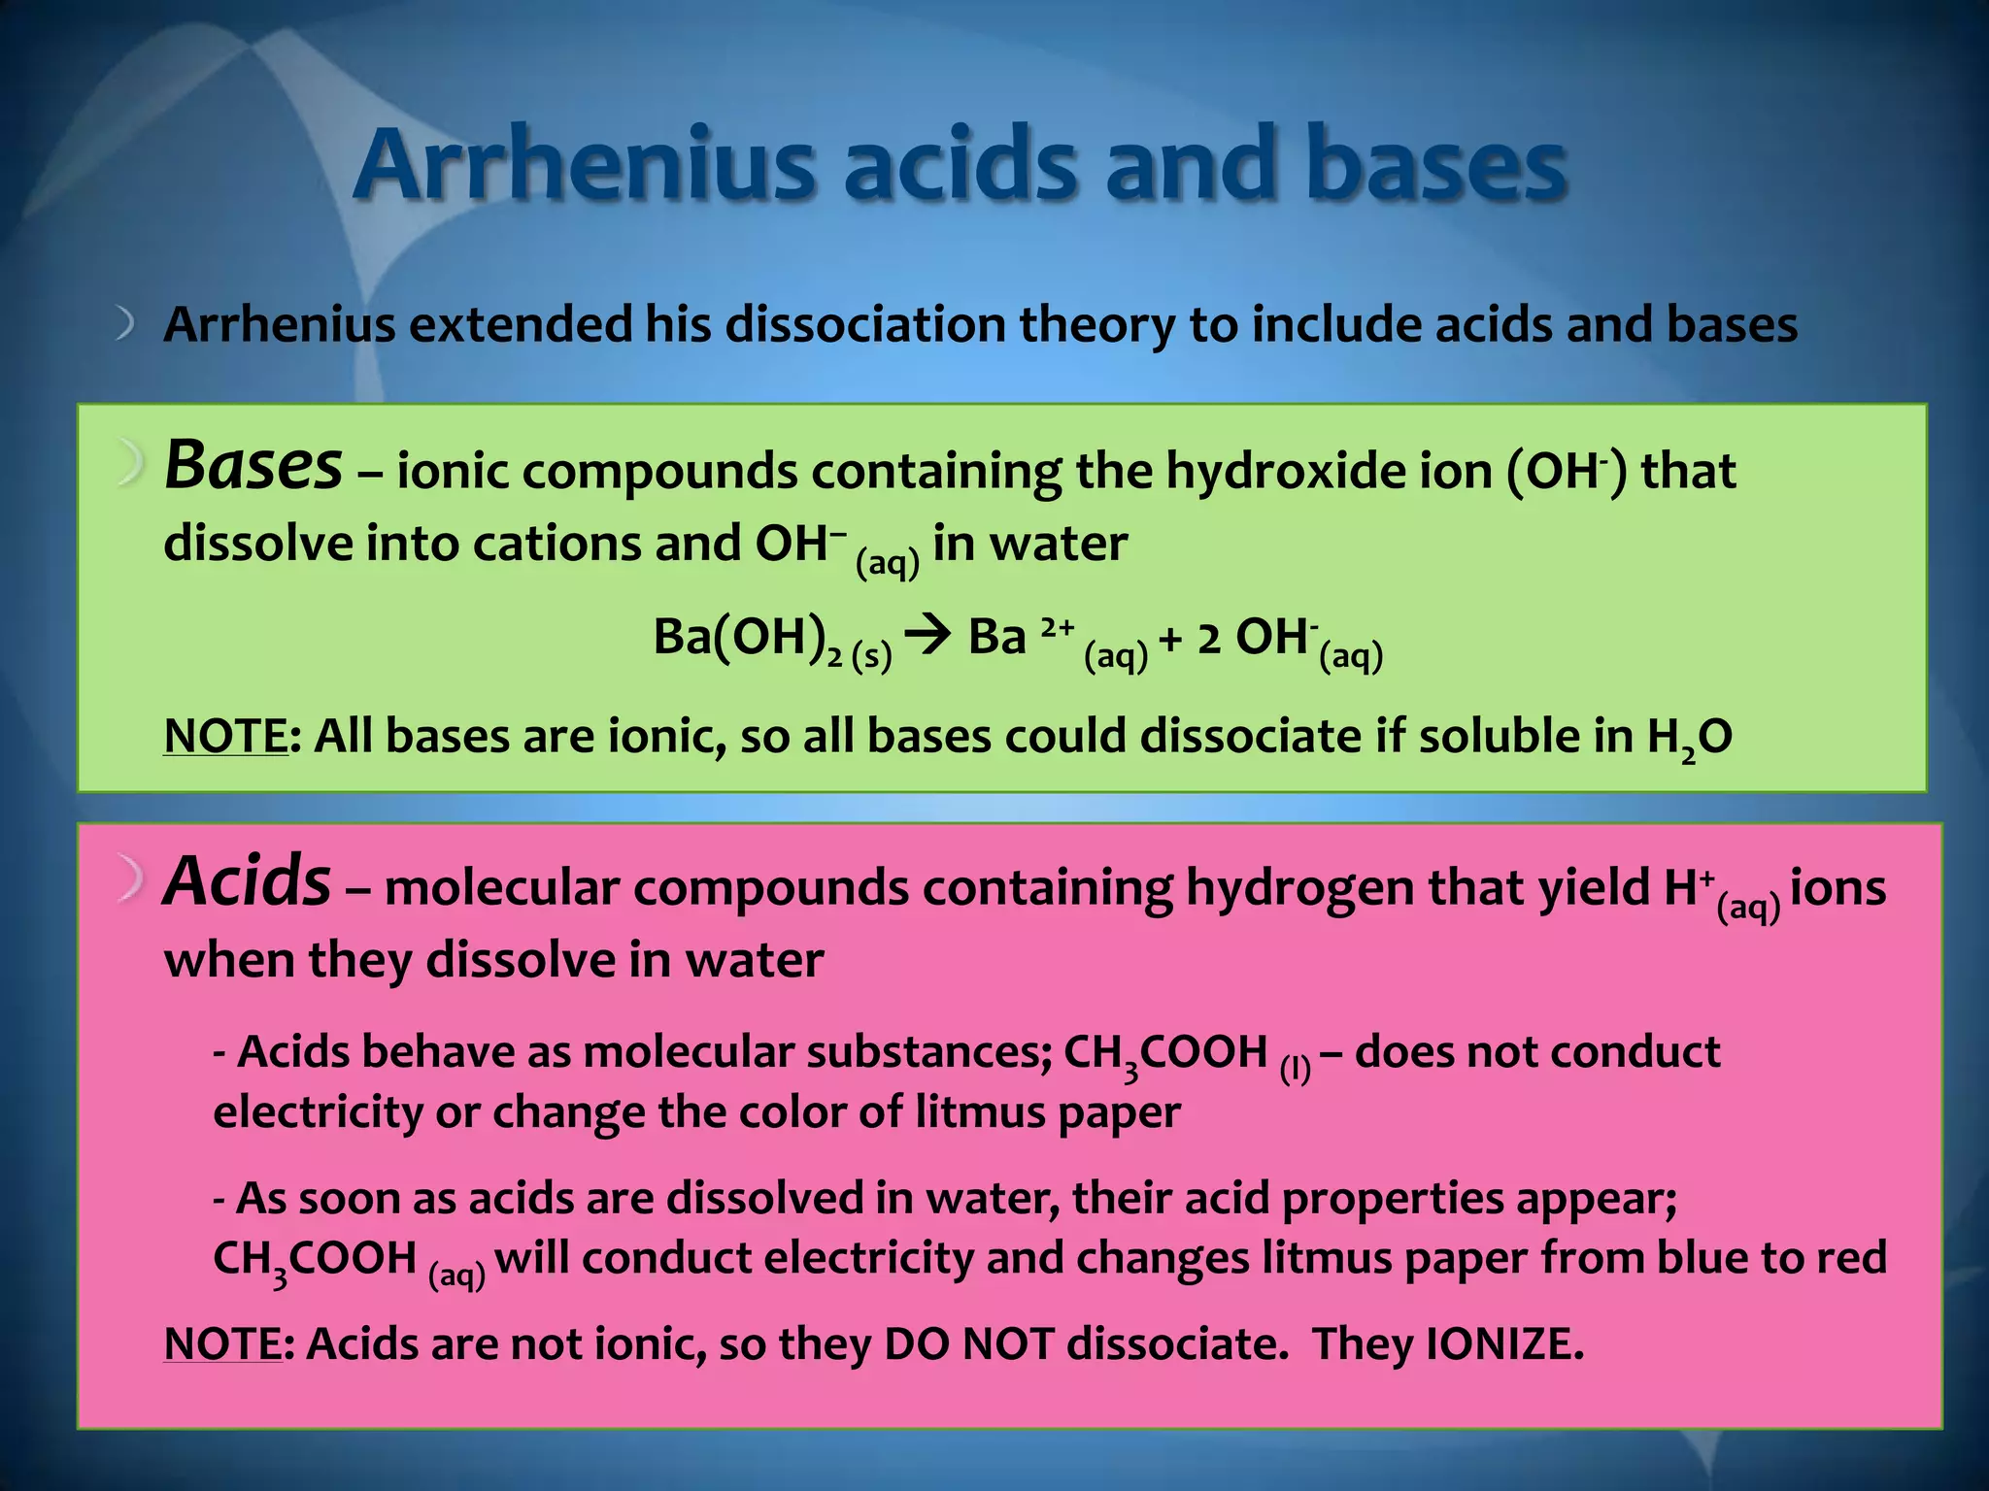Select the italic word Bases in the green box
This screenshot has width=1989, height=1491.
pos(253,466)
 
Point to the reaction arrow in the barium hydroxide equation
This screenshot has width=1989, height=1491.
pos(928,639)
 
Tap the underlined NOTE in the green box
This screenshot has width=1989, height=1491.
pos(225,737)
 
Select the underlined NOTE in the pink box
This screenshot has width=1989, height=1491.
pos(222,1344)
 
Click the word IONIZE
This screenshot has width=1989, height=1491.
pos(1503,1344)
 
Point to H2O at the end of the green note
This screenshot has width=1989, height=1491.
pos(1690,739)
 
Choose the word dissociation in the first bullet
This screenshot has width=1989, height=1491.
pos(865,325)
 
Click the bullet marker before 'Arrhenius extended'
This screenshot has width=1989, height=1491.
pos(124,324)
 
